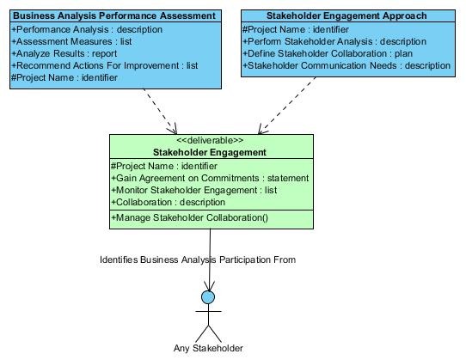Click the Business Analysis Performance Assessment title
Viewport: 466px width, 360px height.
[x=114, y=15]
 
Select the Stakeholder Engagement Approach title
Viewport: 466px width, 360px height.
[x=346, y=15]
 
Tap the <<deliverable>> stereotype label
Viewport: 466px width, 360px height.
[x=210, y=140]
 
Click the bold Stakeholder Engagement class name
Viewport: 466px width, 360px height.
[x=210, y=152]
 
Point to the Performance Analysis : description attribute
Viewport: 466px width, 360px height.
[x=87, y=30]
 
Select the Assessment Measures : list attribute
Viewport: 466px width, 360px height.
[x=71, y=41]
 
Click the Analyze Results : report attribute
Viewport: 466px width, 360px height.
[x=64, y=53]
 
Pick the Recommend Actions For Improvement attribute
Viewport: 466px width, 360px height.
[x=105, y=65]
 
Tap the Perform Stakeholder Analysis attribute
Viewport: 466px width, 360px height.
[x=334, y=41]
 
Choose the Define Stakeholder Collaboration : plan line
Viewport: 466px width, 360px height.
[x=328, y=53]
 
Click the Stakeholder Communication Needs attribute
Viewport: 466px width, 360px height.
[x=346, y=65]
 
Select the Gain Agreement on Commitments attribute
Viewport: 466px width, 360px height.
[x=210, y=178]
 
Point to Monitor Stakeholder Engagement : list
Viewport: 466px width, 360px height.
[x=194, y=190]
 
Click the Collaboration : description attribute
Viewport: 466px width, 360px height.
[x=169, y=202]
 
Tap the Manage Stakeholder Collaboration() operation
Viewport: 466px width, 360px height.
[x=190, y=217]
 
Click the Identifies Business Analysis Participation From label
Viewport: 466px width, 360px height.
[x=198, y=259]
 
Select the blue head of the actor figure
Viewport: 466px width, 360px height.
[x=208, y=297]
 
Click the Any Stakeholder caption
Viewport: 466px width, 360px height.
[x=208, y=348]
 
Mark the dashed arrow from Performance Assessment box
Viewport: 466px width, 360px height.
[x=161, y=112]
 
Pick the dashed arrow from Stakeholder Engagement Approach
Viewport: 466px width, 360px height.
[x=287, y=106]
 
